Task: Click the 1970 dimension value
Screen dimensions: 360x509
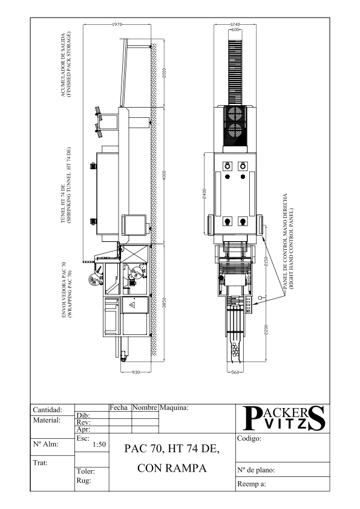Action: (x=117, y=24)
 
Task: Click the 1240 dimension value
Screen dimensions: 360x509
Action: (x=235, y=24)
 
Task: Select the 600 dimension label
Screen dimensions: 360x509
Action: (x=235, y=30)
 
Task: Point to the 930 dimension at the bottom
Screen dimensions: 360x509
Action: (x=136, y=372)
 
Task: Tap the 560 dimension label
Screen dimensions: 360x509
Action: (x=235, y=372)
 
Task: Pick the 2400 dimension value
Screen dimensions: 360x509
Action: (x=205, y=194)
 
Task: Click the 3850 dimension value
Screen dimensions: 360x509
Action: (x=165, y=303)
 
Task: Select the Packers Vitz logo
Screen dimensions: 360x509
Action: (x=284, y=418)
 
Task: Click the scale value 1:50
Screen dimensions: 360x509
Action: (x=99, y=444)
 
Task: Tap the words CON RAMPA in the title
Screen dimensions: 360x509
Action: (x=172, y=468)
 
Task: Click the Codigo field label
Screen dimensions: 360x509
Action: (x=249, y=438)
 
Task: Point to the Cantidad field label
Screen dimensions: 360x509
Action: (x=47, y=410)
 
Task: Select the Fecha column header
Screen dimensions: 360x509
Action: (x=119, y=407)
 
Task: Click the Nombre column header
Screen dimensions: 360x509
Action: (x=145, y=407)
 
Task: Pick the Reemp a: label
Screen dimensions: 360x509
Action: (x=252, y=484)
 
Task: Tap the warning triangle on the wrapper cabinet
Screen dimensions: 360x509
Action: (x=133, y=305)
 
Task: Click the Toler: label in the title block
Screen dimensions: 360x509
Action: (x=86, y=472)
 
